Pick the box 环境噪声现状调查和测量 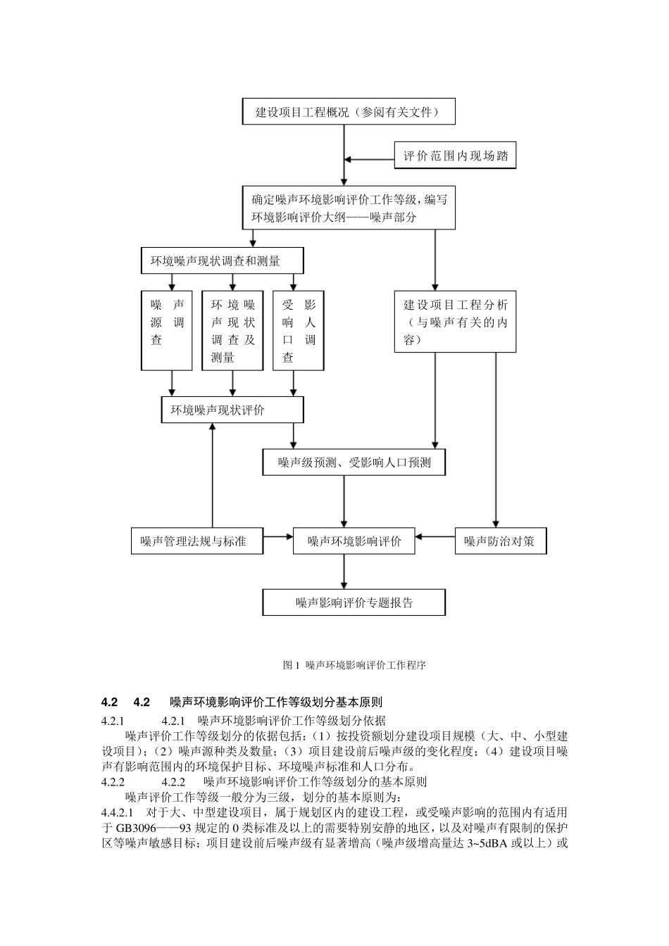(x=223, y=261)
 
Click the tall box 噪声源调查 (x=167, y=331)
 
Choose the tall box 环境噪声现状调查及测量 (x=232, y=331)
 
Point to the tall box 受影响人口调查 (x=298, y=331)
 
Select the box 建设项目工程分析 (x=455, y=322)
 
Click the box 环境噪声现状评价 (x=232, y=410)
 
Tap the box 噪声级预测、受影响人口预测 (x=354, y=462)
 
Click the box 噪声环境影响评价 (x=354, y=541)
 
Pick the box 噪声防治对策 (x=499, y=541)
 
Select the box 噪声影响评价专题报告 (x=354, y=603)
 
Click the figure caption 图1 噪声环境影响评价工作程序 (x=354, y=664)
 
